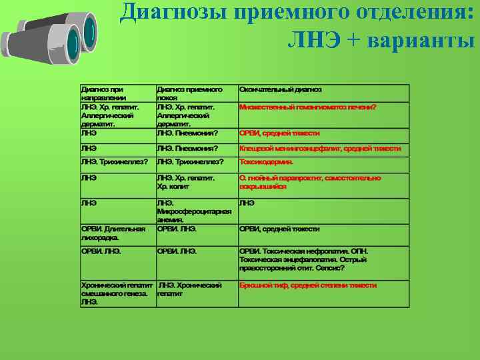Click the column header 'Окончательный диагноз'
280,89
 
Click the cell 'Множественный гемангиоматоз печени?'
307,107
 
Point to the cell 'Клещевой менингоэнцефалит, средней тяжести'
320,149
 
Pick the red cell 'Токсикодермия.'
266,161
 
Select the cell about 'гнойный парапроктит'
310,182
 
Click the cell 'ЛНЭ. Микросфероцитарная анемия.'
194,211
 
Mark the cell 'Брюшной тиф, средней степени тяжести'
308,285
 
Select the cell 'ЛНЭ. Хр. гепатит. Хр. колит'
185,182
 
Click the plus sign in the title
353,41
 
